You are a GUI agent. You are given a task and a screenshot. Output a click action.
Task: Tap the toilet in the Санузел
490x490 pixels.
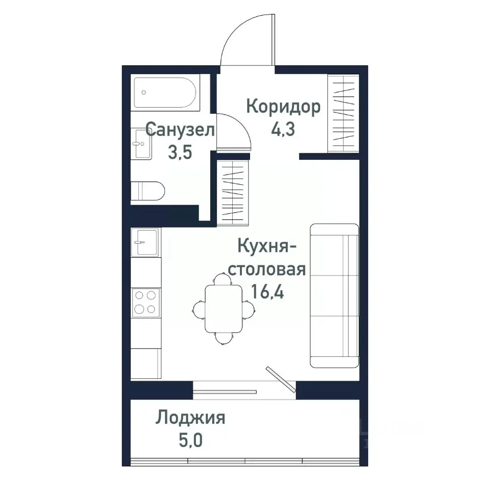pos(148,191)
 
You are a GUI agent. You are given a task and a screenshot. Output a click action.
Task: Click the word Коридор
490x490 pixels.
pos(283,107)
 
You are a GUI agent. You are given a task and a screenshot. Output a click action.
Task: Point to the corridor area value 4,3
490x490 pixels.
pos(284,128)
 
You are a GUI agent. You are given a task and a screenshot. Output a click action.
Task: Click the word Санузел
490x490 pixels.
pos(180,130)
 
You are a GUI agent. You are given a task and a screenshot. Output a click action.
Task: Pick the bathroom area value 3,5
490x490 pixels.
pos(180,152)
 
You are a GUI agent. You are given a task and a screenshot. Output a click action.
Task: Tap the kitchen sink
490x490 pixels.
pos(145,241)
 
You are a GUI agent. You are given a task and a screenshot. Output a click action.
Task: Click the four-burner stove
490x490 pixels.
pos(145,302)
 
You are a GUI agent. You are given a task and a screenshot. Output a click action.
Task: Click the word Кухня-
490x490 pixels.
pos(267,247)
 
